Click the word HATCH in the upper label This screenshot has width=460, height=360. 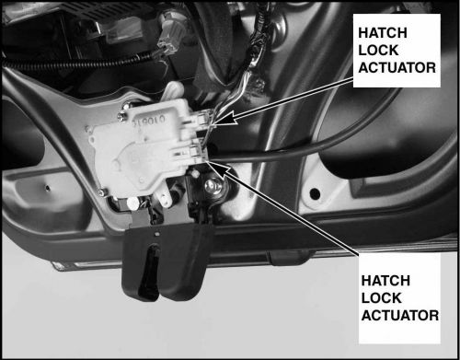pyautogui.click(x=383, y=33)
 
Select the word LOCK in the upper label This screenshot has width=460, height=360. pyautogui.click(x=378, y=51)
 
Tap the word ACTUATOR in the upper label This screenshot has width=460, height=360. pyautogui.click(x=397, y=68)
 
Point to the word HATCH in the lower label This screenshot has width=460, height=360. pyautogui.click(x=385, y=281)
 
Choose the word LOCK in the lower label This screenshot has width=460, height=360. pyautogui.click(x=381, y=298)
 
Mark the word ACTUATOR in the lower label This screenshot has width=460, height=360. pyautogui.click(x=400, y=316)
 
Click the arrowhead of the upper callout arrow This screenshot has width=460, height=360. pyautogui.click(x=225, y=119)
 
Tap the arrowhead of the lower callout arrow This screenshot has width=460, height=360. pyautogui.click(x=220, y=169)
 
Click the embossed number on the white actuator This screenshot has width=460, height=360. pyautogui.click(x=149, y=122)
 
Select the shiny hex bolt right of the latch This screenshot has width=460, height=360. pyautogui.click(x=213, y=186)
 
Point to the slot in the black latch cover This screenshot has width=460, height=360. pyautogui.click(x=148, y=273)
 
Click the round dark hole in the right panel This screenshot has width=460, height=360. pyautogui.click(x=315, y=193)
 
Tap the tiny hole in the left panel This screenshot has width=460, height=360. pyautogui.click(x=47, y=187)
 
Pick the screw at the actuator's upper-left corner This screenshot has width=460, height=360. pyautogui.click(x=121, y=116)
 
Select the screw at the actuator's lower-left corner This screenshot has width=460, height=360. pyautogui.click(x=101, y=192)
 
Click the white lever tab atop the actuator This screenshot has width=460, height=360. pyautogui.click(x=172, y=91)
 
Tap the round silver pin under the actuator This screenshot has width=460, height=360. pyautogui.click(x=133, y=203)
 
